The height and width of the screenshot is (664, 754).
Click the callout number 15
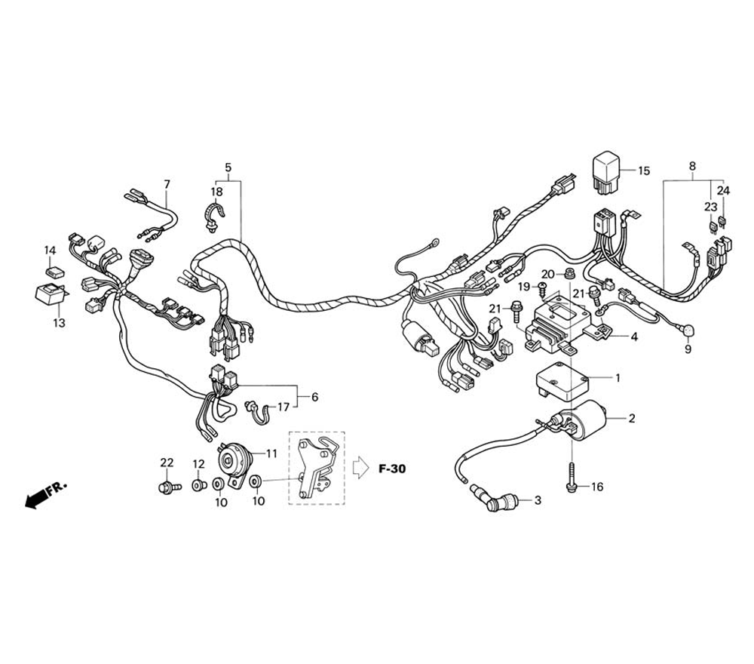click(643, 171)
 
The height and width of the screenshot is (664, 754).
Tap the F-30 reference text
click(391, 469)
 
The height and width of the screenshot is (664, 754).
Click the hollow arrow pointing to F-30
click(359, 468)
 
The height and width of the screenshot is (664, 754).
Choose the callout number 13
click(59, 323)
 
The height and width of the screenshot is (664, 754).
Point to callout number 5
click(228, 167)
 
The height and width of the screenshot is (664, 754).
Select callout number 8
click(692, 166)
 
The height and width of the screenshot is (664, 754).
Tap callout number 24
click(723, 191)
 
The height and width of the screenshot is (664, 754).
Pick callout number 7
click(167, 184)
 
